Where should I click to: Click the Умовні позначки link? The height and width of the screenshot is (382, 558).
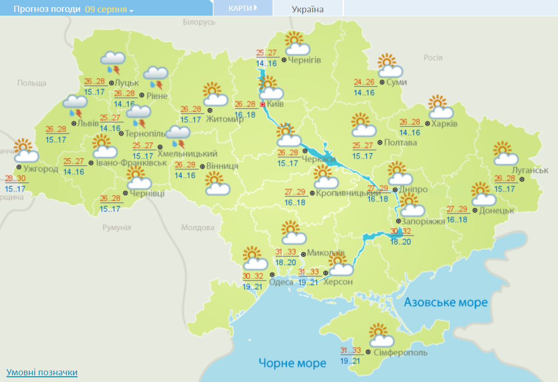coord(42,372)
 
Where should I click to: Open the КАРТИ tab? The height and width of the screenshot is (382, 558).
coord(243,8)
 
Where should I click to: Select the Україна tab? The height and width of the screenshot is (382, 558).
coord(308,10)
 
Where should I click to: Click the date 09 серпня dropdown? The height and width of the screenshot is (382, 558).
coord(109,10)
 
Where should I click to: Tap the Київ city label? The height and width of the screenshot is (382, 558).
coord(276,104)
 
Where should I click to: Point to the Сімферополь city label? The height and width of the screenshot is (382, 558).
coord(401,353)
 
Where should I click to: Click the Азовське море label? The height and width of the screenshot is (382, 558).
coord(446,302)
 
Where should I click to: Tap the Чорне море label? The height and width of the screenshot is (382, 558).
coord(293,363)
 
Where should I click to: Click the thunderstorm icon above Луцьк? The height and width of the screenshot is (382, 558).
coord(113,63)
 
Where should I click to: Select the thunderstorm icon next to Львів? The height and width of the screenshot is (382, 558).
coord(75,106)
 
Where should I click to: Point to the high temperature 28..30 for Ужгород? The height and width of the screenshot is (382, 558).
coord(16,179)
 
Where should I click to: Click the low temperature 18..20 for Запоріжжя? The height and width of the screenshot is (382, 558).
coord(401,242)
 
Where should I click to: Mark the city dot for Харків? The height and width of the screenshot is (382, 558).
coord(427,124)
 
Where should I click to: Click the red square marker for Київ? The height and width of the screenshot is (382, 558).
coord(262,104)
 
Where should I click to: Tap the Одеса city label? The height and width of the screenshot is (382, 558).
coord(281,282)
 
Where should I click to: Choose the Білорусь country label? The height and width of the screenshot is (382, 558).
coord(199,22)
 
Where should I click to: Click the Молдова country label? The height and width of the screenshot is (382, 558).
coord(198,227)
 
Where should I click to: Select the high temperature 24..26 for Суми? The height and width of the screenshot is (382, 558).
coord(364,82)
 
